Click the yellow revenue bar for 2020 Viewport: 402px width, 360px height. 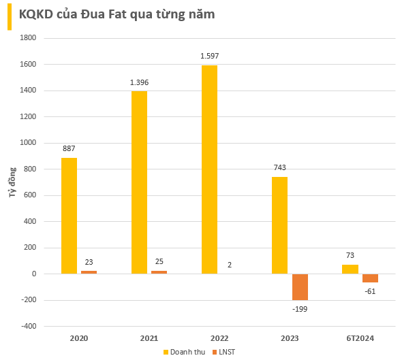(69, 216)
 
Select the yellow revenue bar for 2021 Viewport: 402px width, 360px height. (139, 182)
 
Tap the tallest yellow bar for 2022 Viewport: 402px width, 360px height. (209, 169)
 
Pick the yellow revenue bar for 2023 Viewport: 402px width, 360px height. (279, 225)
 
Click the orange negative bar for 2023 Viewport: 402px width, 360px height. (300, 287)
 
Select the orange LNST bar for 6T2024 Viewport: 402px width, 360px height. (370, 278)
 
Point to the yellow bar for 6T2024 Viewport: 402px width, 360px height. (350, 269)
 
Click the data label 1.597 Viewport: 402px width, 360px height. (209, 56)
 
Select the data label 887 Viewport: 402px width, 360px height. (69, 148)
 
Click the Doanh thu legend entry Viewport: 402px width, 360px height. (184, 351)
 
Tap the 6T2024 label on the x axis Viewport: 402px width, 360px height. (360, 338)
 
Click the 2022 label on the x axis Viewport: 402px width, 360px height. (219, 338)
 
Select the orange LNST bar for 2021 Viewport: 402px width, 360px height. (159, 272)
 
